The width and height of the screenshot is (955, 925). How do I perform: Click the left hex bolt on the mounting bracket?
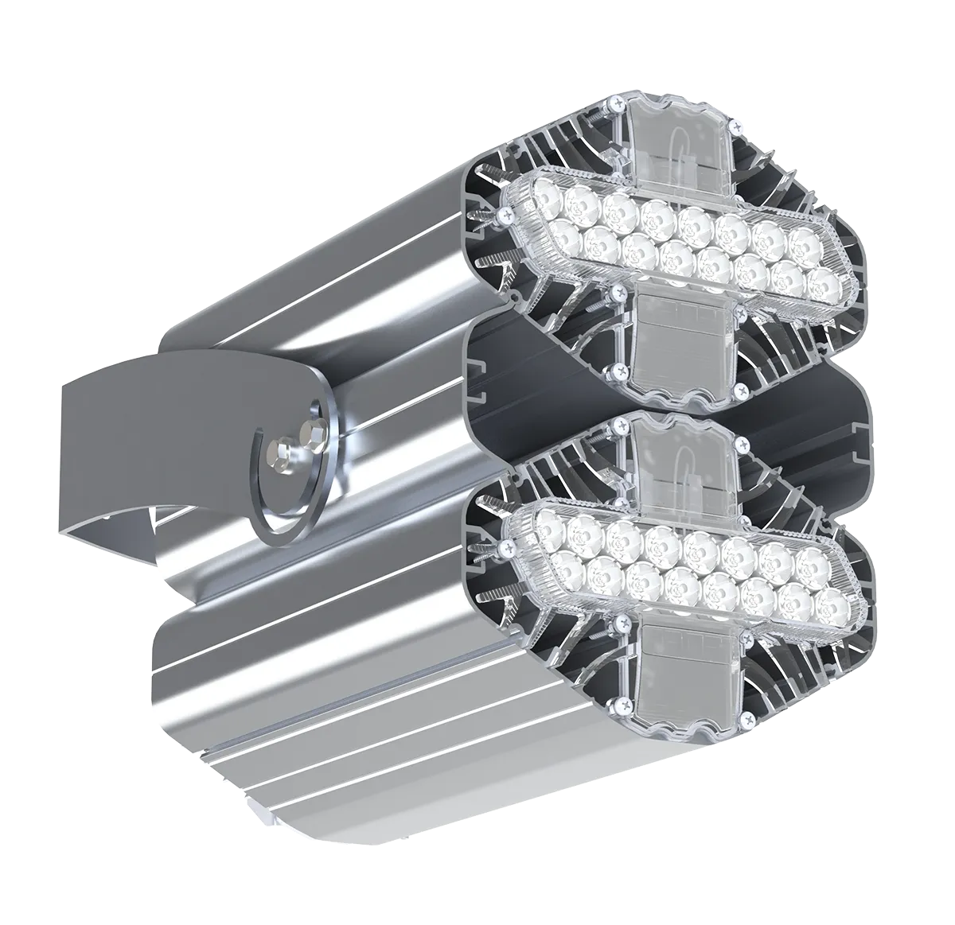pos(283,455)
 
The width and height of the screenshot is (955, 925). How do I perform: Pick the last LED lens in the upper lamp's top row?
pos(801,239)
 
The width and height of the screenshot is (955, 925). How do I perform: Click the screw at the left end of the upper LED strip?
pos(502,214)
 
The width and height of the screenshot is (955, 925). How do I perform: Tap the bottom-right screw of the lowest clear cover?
pos(749,720)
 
